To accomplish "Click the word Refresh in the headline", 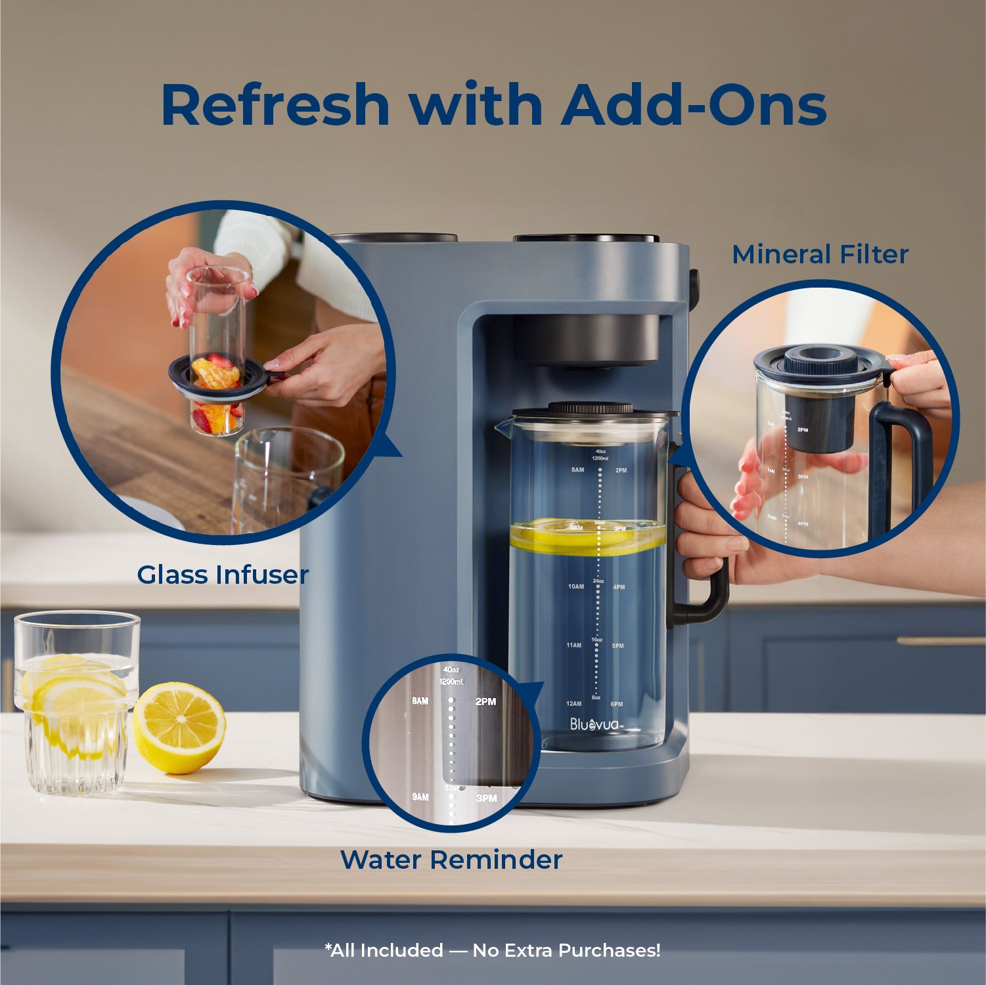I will click(x=275, y=105).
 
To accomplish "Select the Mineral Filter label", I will click(x=820, y=255).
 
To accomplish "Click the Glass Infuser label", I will click(x=223, y=575).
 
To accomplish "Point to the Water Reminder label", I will click(x=451, y=860).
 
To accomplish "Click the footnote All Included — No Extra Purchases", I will click(x=493, y=950).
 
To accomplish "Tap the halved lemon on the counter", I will click(x=179, y=728).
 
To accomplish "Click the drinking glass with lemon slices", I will click(x=76, y=703).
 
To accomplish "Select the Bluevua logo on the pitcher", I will click(x=595, y=724).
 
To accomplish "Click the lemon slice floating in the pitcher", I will click(x=587, y=536).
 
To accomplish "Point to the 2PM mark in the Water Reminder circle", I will click(x=485, y=702).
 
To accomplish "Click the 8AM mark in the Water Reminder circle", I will click(x=420, y=701).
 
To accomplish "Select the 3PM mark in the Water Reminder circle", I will click(x=486, y=799).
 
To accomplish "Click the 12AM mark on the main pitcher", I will click(x=573, y=704).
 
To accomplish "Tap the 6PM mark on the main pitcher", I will click(x=617, y=704).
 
